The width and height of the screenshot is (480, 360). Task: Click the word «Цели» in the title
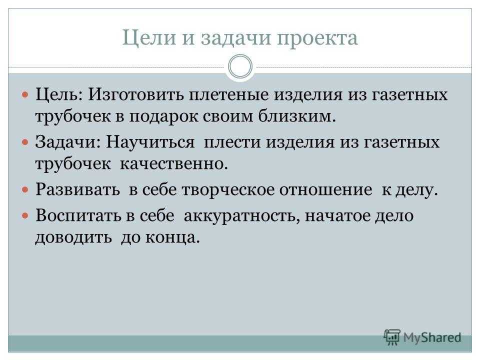pyautogui.click(x=149, y=38)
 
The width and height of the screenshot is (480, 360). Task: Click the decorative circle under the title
pyautogui.click(x=240, y=66)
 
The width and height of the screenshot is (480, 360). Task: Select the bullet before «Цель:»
pyautogui.click(x=25, y=94)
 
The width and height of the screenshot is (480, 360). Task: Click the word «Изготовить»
pyautogui.click(x=136, y=94)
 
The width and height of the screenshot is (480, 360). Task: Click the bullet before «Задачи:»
pyautogui.click(x=25, y=142)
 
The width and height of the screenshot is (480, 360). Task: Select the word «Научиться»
pyautogui.click(x=150, y=142)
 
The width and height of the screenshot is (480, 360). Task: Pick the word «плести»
pyautogui.click(x=232, y=142)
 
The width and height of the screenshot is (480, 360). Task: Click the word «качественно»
pyautogui.click(x=173, y=164)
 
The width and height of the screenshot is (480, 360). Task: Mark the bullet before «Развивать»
pyautogui.click(x=25, y=190)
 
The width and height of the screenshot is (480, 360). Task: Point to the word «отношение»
pyautogui.click(x=325, y=190)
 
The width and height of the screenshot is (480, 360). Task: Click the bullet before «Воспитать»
pyautogui.click(x=25, y=216)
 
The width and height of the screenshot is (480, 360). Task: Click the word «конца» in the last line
pyautogui.click(x=172, y=237)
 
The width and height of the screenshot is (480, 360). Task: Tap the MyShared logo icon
pyautogui.click(x=392, y=337)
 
